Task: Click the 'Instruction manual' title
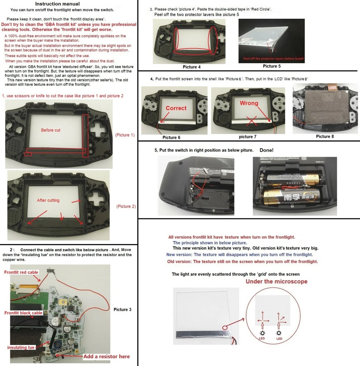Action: tap(69, 3)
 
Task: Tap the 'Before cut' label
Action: tap(50, 130)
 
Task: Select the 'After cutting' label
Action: tap(48, 200)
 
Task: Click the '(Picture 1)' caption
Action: tap(125, 135)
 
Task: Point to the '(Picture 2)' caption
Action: tap(126, 206)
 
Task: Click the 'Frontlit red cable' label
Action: tap(21, 272)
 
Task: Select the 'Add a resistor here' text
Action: tap(107, 356)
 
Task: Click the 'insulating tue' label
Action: tap(21, 347)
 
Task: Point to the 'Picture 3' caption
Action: tap(123, 310)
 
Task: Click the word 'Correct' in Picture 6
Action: tap(176, 108)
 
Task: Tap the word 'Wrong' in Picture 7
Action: tap(249, 103)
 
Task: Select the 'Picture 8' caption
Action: tap(323, 136)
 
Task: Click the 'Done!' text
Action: tap(266, 150)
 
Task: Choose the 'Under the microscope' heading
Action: tap(276, 282)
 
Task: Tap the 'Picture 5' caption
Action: tap(272, 66)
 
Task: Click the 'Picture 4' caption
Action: tap(192, 67)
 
